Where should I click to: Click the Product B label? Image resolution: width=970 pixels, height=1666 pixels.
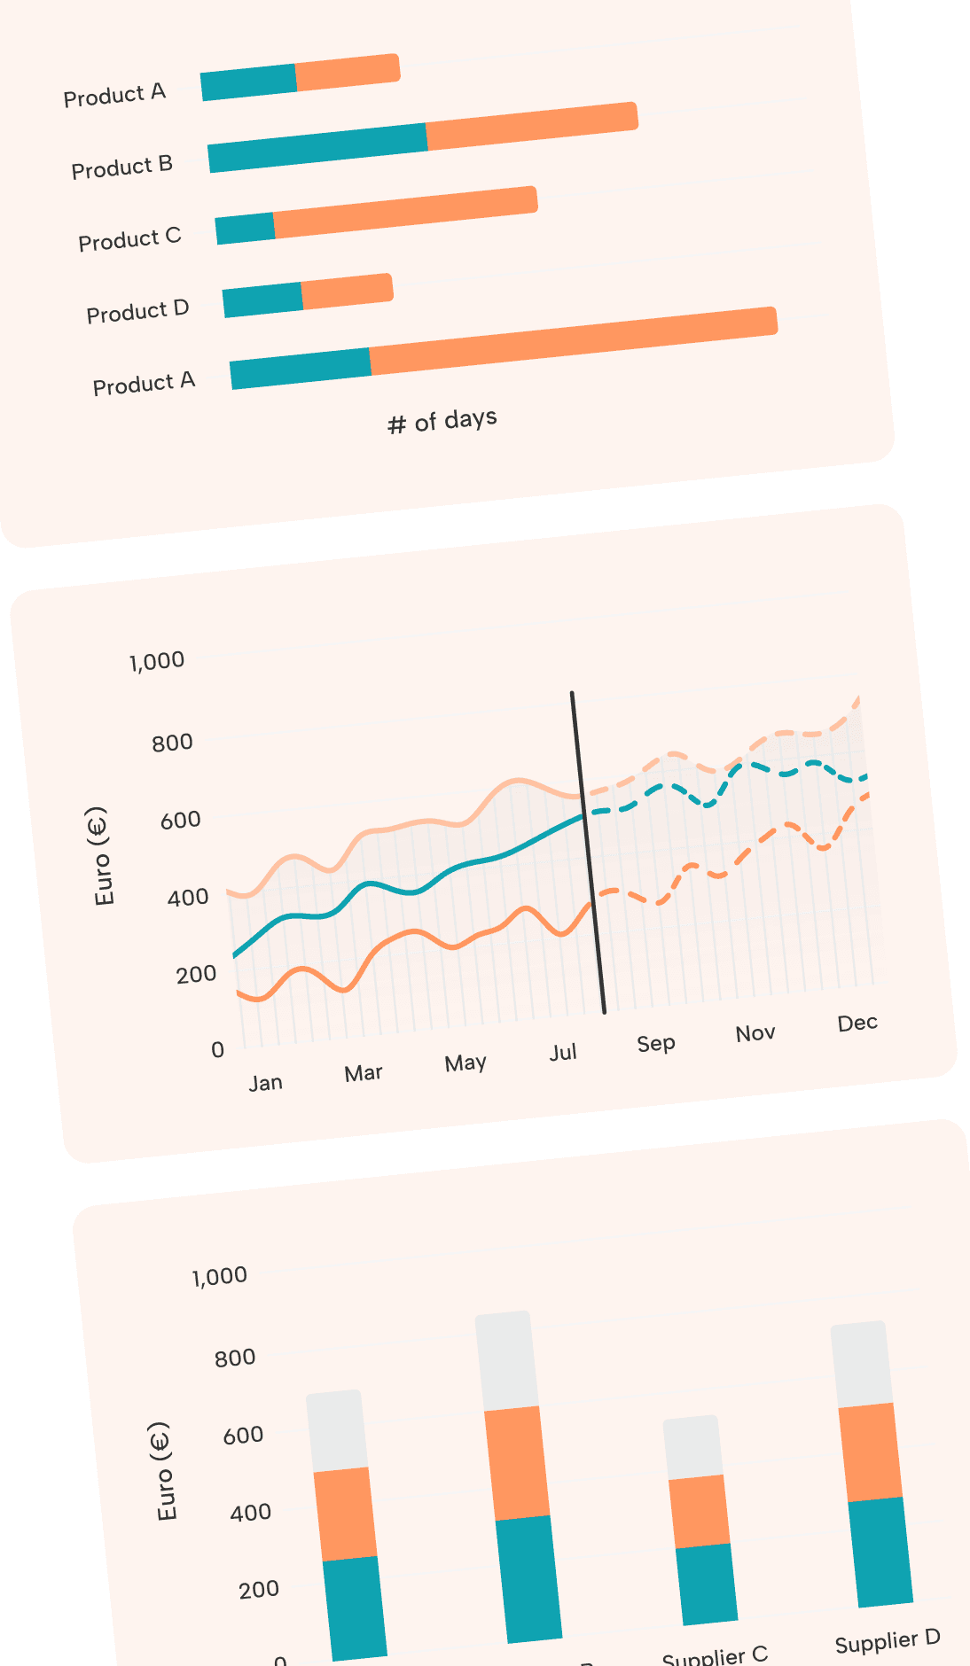point(122,167)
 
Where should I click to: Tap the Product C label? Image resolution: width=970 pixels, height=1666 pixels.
point(129,239)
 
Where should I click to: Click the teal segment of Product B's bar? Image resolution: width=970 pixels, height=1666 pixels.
point(317,147)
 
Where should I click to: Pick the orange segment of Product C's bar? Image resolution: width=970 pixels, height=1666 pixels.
point(405,213)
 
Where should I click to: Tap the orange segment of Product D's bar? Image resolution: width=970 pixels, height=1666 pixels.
point(347,291)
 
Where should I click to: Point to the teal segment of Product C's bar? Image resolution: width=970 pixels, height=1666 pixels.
point(245,229)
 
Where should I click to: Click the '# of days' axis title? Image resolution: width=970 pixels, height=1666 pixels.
point(442,420)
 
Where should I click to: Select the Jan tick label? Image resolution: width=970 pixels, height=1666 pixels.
point(265,1083)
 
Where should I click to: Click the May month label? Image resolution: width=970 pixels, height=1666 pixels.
point(465,1063)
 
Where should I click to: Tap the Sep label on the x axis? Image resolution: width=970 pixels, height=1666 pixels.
point(656,1043)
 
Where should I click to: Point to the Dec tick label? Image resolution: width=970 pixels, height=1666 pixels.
point(857,1024)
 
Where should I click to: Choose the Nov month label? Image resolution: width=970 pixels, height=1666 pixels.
point(755,1033)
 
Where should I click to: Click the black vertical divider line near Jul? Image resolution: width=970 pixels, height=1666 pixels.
point(588,851)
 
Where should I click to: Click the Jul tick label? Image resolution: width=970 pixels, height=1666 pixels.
point(563,1053)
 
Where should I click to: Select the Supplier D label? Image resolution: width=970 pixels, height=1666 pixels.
point(887,1641)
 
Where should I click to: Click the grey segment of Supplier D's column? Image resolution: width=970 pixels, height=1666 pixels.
point(861,1364)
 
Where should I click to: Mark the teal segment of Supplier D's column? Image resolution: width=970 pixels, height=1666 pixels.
point(880,1552)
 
